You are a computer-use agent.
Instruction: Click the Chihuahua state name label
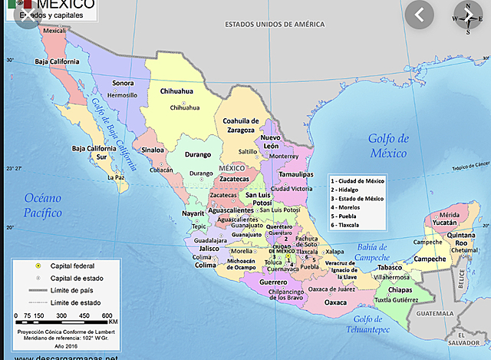(x=176, y=91)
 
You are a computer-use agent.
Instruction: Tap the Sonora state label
(x=123, y=83)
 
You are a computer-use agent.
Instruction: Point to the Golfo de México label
(x=389, y=145)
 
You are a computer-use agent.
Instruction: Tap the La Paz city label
(x=116, y=177)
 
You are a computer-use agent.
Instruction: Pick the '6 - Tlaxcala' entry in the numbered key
(x=351, y=225)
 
